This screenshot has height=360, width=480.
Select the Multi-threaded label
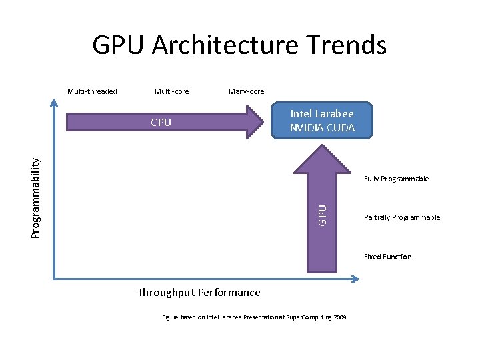pos(92,91)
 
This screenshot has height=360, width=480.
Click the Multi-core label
pos(171,91)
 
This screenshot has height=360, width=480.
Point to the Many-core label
pos(246,91)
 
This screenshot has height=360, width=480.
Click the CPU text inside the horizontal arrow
pos(161,122)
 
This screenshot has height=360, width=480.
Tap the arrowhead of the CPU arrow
pos(257,121)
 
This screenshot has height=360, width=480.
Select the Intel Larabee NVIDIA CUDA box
pos(322,120)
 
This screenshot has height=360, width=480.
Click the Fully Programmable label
pos(396,179)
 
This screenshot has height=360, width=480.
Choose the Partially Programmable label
pos(402,217)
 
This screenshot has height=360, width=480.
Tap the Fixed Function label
pos(387,257)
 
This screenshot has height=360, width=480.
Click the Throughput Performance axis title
pos(199,292)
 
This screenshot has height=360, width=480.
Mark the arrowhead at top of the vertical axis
pos(54,103)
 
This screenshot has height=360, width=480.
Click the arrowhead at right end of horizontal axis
pos(349,275)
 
